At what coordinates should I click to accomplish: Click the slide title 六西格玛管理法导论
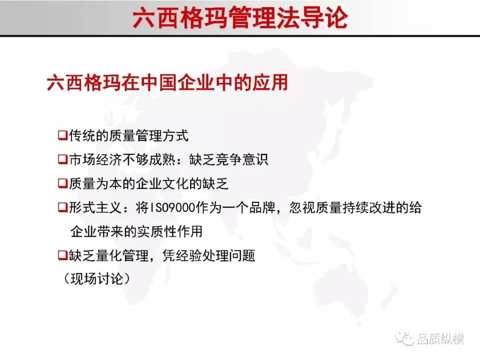point(240,18)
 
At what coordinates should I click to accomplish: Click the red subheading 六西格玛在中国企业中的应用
point(168,82)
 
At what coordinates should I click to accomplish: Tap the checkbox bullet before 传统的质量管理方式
point(63,135)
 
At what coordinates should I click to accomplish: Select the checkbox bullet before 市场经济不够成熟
point(63,159)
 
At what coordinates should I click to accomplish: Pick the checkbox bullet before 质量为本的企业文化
point(63,184)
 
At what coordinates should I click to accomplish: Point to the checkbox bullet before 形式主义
point(63,207)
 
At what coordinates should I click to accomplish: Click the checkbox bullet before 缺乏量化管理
point(63,255)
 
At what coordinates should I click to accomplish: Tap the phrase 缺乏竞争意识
point(228,160)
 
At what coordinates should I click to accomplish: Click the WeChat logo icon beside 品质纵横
point(405,338)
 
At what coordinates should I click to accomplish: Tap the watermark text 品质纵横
point(440,339)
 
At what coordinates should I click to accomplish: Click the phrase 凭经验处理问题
point(209,255)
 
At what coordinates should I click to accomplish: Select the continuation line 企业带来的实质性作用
point(136,232)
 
